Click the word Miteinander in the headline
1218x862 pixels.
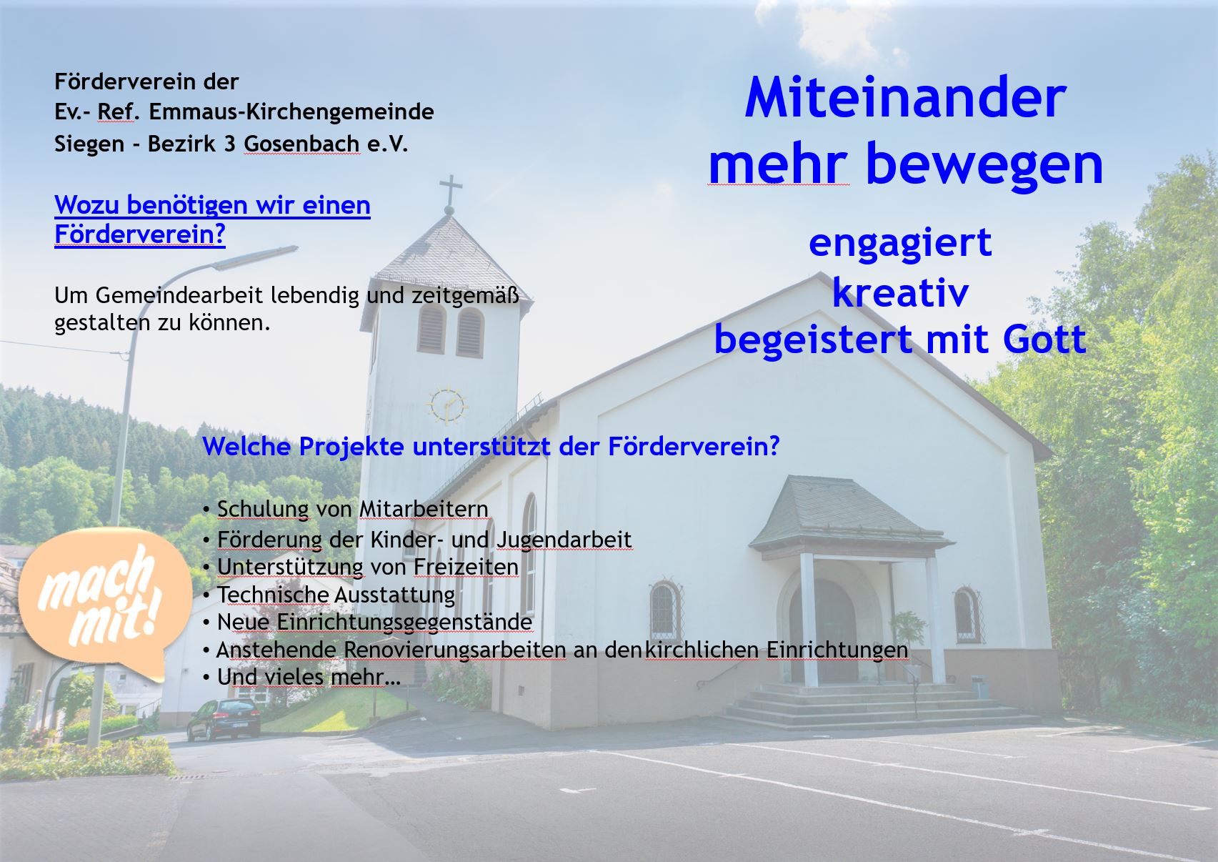905,97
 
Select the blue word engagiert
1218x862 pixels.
900,244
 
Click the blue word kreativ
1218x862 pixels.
900,293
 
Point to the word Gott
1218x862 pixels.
1044,339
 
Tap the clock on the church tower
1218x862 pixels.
447,405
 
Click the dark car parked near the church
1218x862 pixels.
224,720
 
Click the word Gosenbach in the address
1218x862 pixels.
301,144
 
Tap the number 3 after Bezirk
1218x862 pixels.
230,144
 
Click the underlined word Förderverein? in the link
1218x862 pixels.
140,234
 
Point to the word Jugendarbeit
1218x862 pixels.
564,540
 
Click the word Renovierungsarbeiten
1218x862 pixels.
455,650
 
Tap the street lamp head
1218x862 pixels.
256,258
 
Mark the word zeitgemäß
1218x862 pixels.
466,296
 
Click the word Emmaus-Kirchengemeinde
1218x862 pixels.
291,112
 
